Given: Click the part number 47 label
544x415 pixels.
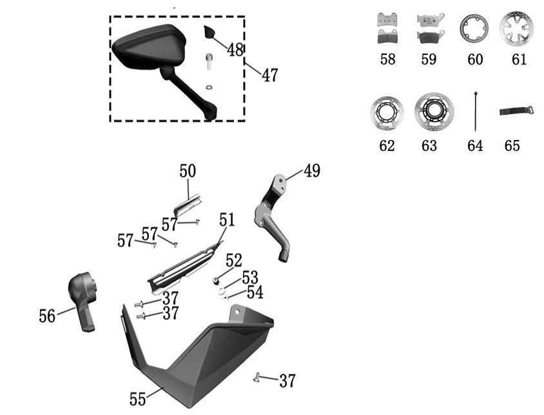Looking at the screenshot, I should coord(269,75).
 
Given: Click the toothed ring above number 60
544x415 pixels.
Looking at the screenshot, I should coord(474,28).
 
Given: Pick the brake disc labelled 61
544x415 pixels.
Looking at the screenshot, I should coord(517,28).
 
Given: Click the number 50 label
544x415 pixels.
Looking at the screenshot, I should coord(188,171).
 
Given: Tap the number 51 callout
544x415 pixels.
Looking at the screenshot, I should coord(227,219).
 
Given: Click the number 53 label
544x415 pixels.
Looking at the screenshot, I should coord(250,278).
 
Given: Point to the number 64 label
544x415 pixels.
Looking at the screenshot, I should coord(475,146).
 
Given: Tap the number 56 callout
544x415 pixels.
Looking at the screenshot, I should coord(47,316).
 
